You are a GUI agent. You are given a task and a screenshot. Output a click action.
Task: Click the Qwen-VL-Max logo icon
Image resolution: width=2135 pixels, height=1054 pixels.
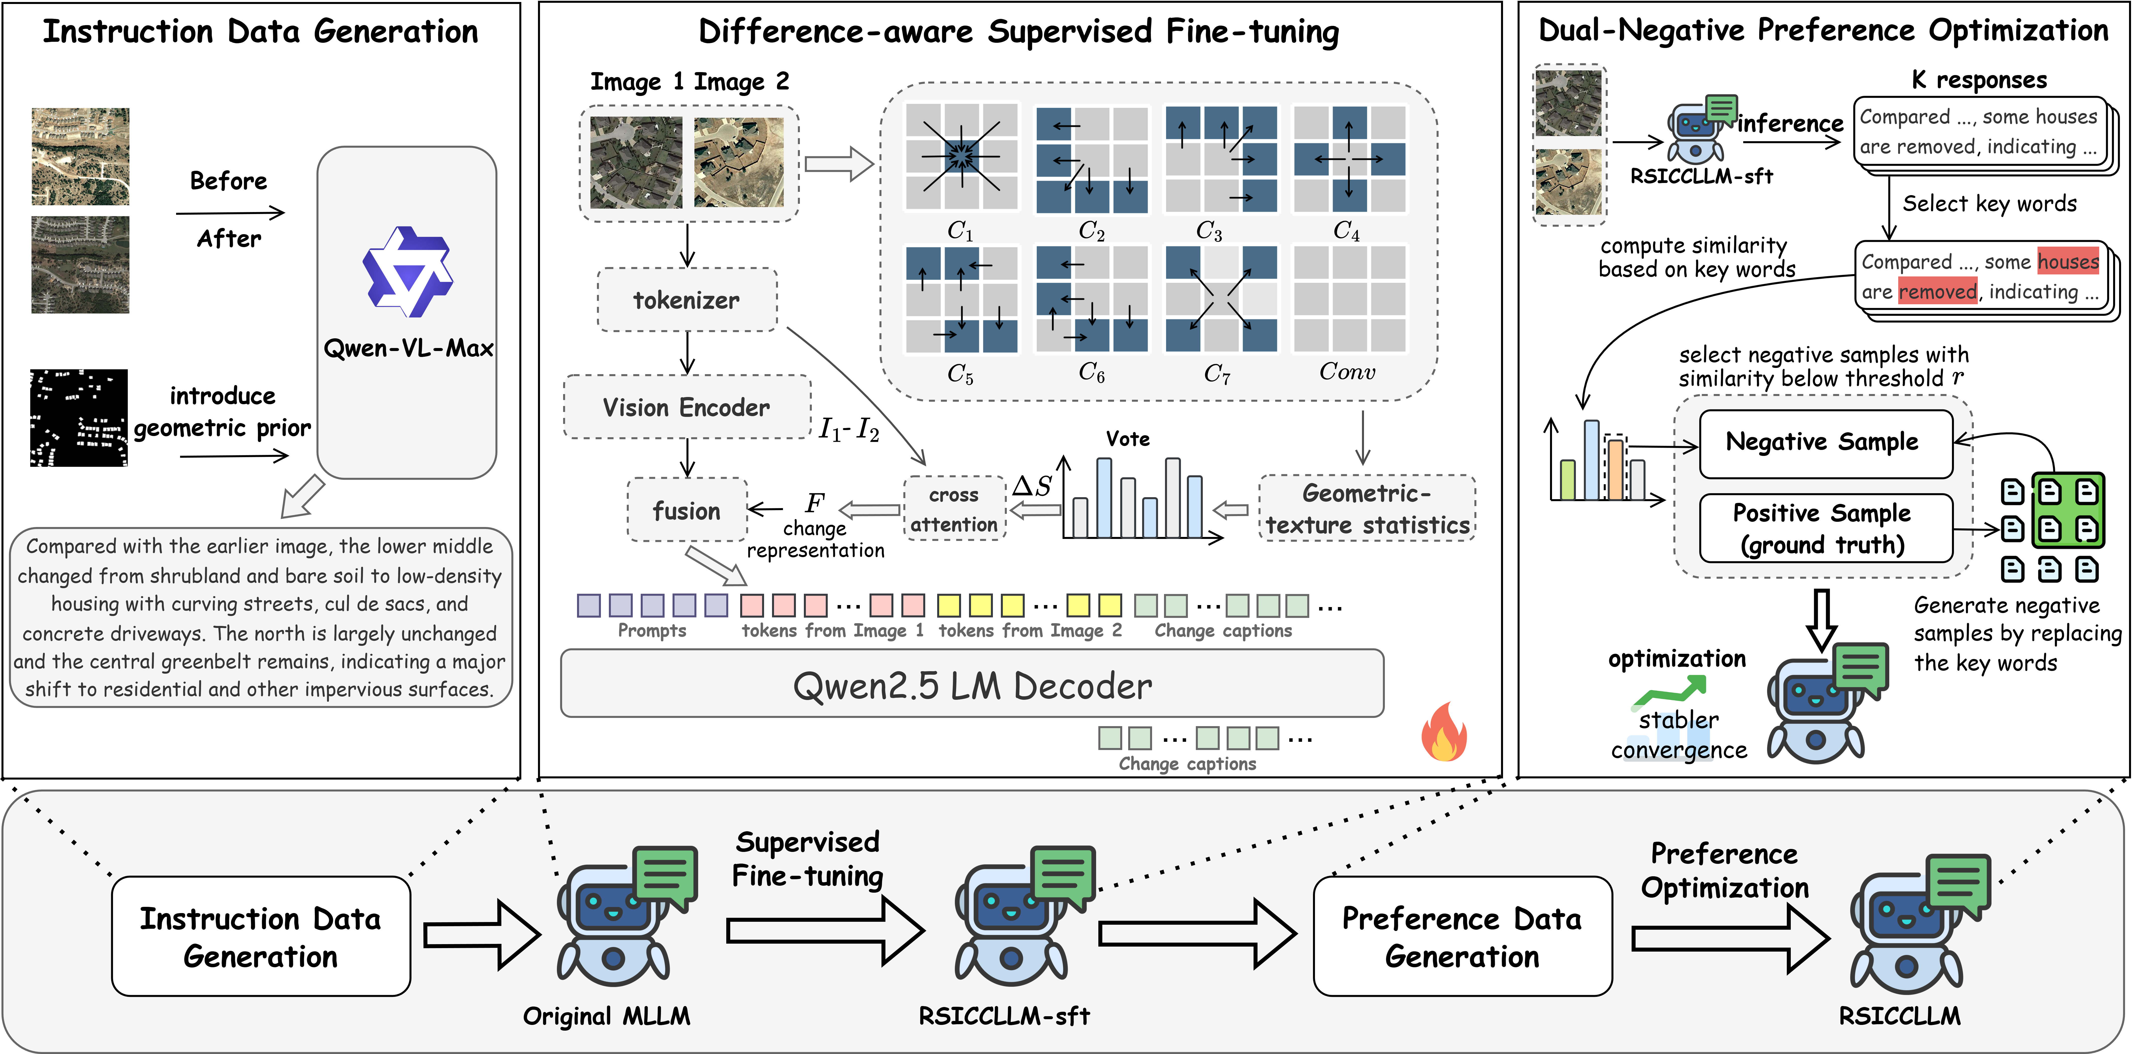(408, 272)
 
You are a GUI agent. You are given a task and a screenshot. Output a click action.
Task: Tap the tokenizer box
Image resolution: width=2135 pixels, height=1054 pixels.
(687, 300)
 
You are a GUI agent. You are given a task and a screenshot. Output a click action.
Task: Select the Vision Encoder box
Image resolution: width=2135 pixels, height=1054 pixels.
(687, 407)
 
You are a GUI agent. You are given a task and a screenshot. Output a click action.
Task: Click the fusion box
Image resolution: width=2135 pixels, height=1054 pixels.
(687, 510)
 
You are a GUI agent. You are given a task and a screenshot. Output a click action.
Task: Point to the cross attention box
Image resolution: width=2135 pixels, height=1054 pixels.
(954, 509)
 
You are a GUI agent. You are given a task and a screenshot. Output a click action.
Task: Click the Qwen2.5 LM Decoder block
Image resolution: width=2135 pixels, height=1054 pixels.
(972, 684)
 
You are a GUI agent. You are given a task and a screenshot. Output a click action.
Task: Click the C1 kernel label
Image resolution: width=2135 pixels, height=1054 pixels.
(960, 230)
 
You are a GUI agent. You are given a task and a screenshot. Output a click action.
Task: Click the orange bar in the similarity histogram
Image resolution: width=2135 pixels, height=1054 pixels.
(1615, 470)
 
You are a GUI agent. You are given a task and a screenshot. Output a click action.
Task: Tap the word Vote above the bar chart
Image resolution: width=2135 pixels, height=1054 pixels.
(1128, 439)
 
